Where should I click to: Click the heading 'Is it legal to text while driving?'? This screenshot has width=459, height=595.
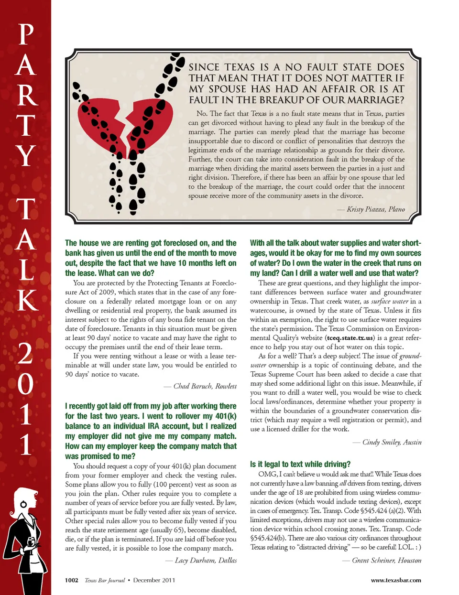point(300,464)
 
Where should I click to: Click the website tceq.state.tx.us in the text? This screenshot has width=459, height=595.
point(350,338)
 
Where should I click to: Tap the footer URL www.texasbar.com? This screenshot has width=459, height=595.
point(396,580)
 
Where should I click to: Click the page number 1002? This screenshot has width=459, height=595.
point(72,580)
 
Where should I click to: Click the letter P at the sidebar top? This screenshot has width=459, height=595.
point(26,34)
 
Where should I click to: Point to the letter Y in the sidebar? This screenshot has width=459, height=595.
point(26,155)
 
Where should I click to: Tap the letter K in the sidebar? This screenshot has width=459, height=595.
point(27,300)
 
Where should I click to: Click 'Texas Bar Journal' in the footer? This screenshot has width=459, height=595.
point(105,580)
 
